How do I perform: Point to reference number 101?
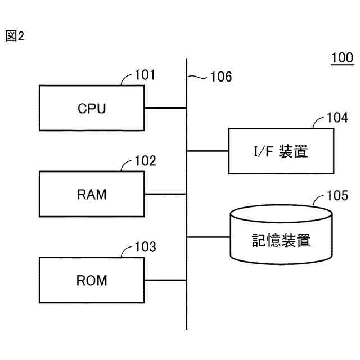pyautogui.click(x=145, y=75)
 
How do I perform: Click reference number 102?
pyautogui.click(x=146, y=161)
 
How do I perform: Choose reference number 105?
pyautogui.click(x=337, y=196)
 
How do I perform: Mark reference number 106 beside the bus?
pyautogui.click(x=220, y=77)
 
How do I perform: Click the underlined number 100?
pyautogui.click(x=341, y=58)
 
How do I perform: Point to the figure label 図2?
pyautogui.click(x=15, y=37)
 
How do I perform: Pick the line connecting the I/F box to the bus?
pyautogui.click(x=208, y=151)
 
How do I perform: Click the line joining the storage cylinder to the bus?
pyautogui.click(x=208, y=236)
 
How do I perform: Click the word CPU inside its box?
pyautogui.click(x=92, y=109)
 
